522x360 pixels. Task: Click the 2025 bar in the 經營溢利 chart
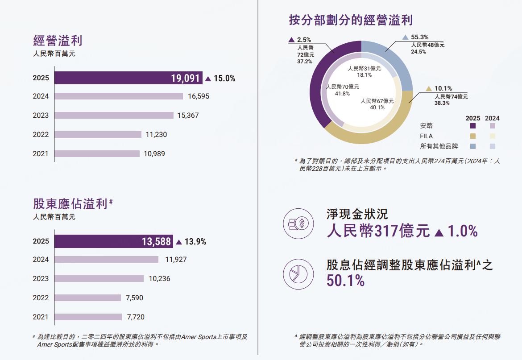[128, 78]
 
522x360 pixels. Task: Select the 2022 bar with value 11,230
[98, 134]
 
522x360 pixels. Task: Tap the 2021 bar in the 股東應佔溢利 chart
[88, 317]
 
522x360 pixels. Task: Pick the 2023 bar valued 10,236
[99, 278]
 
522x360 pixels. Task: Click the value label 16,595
[199, 96]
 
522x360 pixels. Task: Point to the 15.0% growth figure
[224, 79]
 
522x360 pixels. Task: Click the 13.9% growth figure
[195, 242]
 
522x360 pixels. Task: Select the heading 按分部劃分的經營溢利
[351, 20]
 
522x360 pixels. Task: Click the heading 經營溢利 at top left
[58, 41]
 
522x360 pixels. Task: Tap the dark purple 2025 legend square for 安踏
[473, 126]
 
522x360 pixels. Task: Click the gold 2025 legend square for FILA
[473, 136]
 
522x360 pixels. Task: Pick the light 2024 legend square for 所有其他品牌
[493, 146]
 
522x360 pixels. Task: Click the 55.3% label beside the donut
[419, 37]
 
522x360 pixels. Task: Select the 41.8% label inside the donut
[342, 94]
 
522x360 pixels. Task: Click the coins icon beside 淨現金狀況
[296, 223]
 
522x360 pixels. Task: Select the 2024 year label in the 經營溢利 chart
[41, 96]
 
